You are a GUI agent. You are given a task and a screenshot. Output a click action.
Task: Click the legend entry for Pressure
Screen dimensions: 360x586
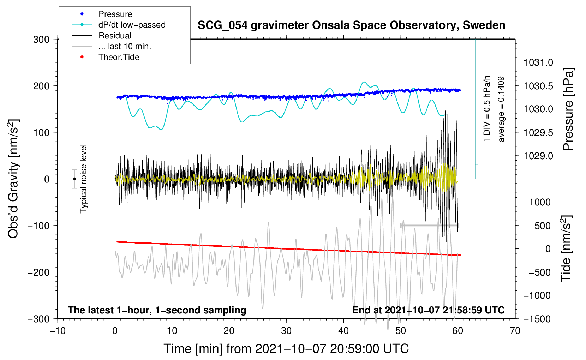click(115, 14)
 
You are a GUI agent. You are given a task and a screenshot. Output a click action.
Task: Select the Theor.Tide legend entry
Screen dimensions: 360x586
click(119, 57)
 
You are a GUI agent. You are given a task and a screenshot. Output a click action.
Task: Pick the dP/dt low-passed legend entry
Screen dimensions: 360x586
click(132, 25)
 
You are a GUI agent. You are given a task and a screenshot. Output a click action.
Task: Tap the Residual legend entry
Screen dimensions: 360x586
click(115, 36)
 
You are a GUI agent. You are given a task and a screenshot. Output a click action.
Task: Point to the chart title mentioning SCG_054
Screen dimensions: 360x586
click(351, 25)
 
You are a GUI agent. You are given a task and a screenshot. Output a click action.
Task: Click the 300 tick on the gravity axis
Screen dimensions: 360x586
click(41, 39)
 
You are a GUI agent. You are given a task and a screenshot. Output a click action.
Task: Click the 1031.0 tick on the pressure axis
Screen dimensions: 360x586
click(538, 62)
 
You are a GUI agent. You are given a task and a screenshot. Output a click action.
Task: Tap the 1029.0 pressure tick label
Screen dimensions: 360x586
click(538, 156)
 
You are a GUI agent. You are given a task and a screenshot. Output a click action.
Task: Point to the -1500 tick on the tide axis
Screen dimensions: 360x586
click(537, 319)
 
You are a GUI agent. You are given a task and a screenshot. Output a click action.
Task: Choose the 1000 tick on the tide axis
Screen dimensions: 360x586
click(540, 202)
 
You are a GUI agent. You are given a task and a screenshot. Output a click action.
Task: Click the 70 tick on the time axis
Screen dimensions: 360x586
click(515, 331)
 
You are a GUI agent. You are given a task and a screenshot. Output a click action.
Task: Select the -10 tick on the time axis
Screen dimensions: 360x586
click(58, 331)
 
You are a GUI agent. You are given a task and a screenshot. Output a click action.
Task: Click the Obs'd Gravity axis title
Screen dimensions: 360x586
click(13, 179)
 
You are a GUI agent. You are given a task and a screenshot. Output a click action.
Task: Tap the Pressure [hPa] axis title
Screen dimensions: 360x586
click(568, 109)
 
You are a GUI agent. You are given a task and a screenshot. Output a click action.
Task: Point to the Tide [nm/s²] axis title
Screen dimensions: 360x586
click(566, 249)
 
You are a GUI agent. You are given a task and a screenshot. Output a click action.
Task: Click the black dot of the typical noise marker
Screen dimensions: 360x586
click(75, 179)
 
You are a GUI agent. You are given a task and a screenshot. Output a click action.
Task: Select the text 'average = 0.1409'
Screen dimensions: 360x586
click(501, 109)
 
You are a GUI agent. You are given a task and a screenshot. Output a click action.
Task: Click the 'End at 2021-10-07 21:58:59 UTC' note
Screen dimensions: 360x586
click(428, 310)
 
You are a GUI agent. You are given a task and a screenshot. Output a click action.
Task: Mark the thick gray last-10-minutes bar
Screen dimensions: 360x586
click(429, 225)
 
